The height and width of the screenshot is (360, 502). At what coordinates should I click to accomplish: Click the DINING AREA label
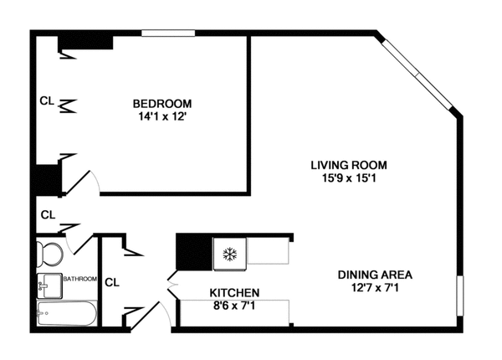[375, 275]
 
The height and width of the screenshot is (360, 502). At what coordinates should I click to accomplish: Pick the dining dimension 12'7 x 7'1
[375, 288]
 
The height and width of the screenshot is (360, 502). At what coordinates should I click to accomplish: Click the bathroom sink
[45, 285]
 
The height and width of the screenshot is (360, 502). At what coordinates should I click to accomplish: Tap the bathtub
[65, 315]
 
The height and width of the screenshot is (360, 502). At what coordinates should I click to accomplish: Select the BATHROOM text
[80, 279]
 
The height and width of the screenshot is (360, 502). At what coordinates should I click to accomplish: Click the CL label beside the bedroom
[48, 100]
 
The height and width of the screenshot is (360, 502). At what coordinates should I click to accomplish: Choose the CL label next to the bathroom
[111, 282]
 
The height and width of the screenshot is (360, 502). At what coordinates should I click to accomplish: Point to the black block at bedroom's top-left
[85, 40]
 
